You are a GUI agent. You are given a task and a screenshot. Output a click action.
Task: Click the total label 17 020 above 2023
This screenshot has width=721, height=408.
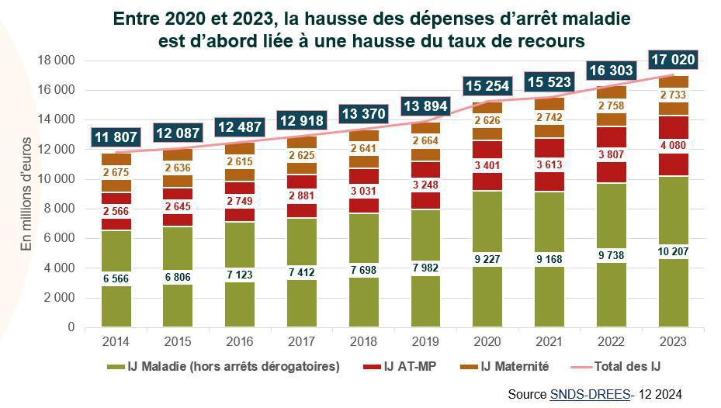673,59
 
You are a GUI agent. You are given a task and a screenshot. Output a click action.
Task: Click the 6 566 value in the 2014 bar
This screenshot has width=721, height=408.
116,278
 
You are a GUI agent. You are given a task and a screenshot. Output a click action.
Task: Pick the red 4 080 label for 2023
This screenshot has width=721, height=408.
673,145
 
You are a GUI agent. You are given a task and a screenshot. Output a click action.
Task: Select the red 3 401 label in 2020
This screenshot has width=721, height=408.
487,165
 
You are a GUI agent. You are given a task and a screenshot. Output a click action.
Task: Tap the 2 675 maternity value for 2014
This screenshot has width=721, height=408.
116,172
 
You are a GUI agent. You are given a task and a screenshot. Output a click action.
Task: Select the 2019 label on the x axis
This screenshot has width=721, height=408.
425,341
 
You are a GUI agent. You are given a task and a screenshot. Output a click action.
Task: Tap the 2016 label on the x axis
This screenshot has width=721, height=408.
240,341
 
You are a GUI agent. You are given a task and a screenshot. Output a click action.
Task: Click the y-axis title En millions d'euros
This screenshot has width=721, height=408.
27,193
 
